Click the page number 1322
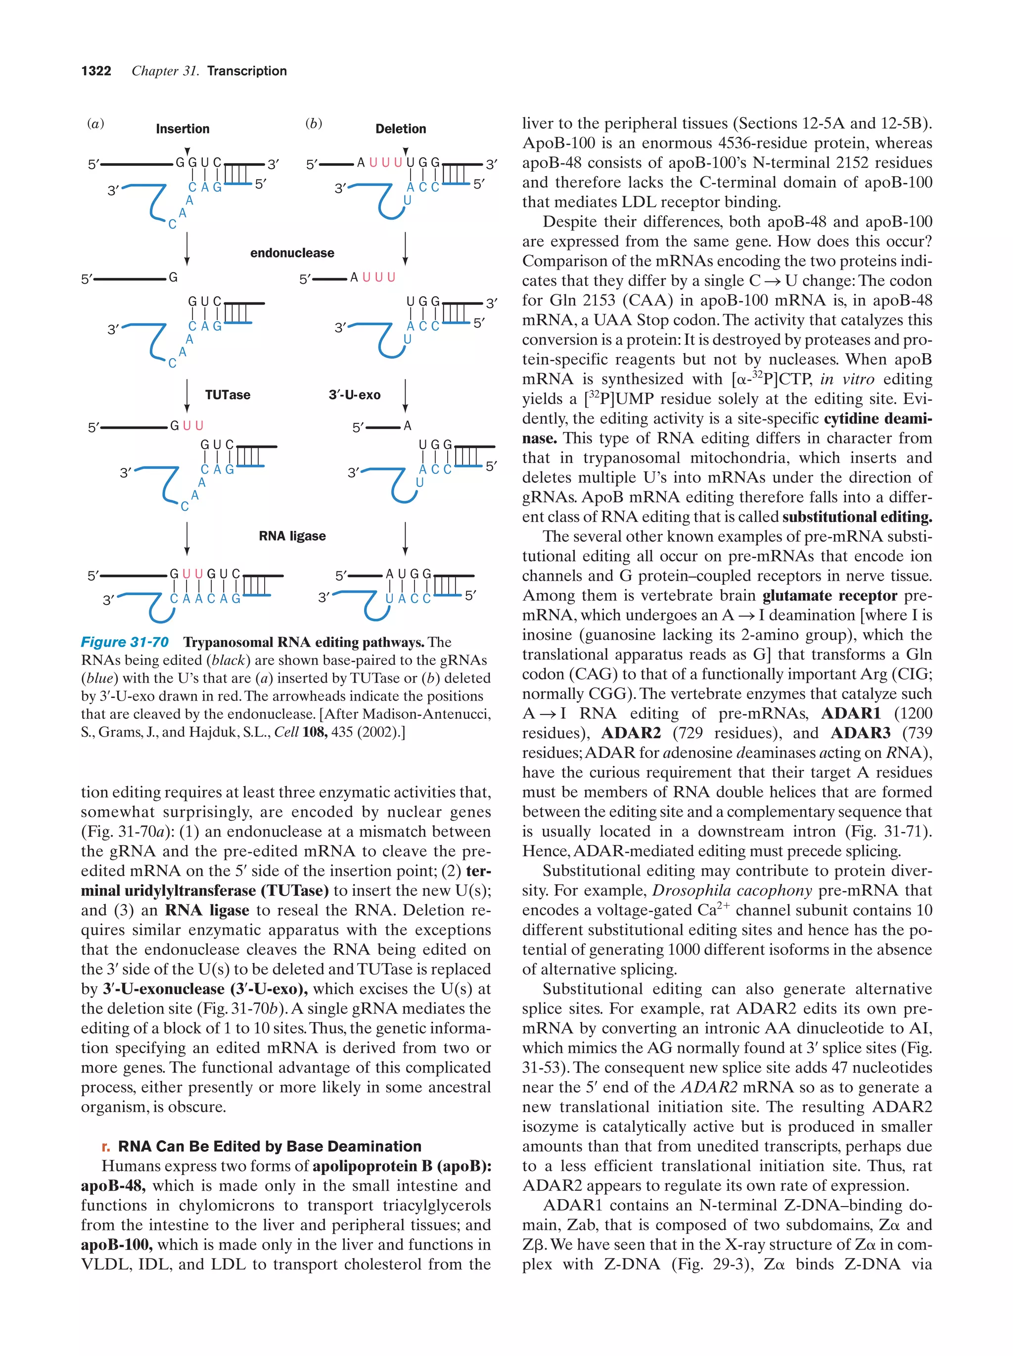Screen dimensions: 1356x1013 pyautogui.click(x=96, y=71)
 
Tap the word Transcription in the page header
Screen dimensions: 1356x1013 pyautogui.click(x=247, y=71)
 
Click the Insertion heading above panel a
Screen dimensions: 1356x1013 pyautogui.click(x=183, y=129)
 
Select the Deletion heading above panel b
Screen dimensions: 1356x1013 pyautogui.click(x=401, y=129)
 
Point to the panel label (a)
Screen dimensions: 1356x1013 pyautogui.click(x=95, y=124)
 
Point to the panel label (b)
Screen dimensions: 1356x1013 pyautogui.click(x=314, y=124)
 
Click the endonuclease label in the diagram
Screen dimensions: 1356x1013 pyautogui.click(x=292, y=253)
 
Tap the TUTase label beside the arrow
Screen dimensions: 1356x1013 pyautogui.click(x=228, y=395)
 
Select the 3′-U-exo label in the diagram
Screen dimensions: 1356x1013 pyautogui.click(x=355, y=395)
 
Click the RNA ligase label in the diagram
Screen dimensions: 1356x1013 pyautogui.click(x=292, y=536)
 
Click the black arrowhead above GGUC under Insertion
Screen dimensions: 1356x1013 pyautogui.click(x=187, y=151)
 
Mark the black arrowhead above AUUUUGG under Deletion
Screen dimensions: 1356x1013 pyautogui.click(x=406, y=151)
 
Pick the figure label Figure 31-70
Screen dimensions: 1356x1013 pyautogui.click(x=125, y=642)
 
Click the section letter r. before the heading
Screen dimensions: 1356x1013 pyautogui.click(x=106, y=1146)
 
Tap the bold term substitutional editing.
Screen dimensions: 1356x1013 pyautogui.click(x=857, y=517)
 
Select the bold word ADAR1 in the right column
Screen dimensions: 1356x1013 pyautogui.click(x=851, y=713)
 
